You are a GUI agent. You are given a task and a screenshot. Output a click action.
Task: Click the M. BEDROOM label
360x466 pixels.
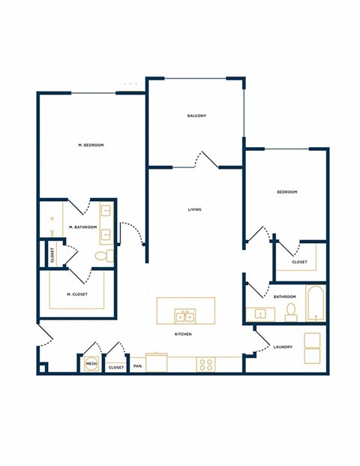tap(90, 144)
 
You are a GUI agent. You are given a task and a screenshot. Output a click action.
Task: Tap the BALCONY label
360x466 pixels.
tap(196, 116)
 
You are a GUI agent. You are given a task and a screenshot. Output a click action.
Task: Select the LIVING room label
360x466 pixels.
tap(195, 209)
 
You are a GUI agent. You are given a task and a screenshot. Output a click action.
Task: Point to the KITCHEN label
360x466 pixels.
tap(183, 334)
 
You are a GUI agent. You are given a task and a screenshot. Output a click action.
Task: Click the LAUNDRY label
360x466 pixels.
tap(283, 347)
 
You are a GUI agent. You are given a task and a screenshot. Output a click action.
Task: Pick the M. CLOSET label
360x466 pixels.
tap(76, 294)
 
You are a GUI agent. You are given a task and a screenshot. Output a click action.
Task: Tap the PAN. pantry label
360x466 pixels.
tap(137, 367)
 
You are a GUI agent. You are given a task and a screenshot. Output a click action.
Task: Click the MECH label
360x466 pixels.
tap(91, 364)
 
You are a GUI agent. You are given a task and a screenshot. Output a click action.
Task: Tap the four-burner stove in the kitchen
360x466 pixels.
tap(205, 365)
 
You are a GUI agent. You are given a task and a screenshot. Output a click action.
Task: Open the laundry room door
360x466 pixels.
tap(260, 341)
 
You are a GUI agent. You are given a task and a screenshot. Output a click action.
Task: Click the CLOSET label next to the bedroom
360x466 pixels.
tap(299, 263)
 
